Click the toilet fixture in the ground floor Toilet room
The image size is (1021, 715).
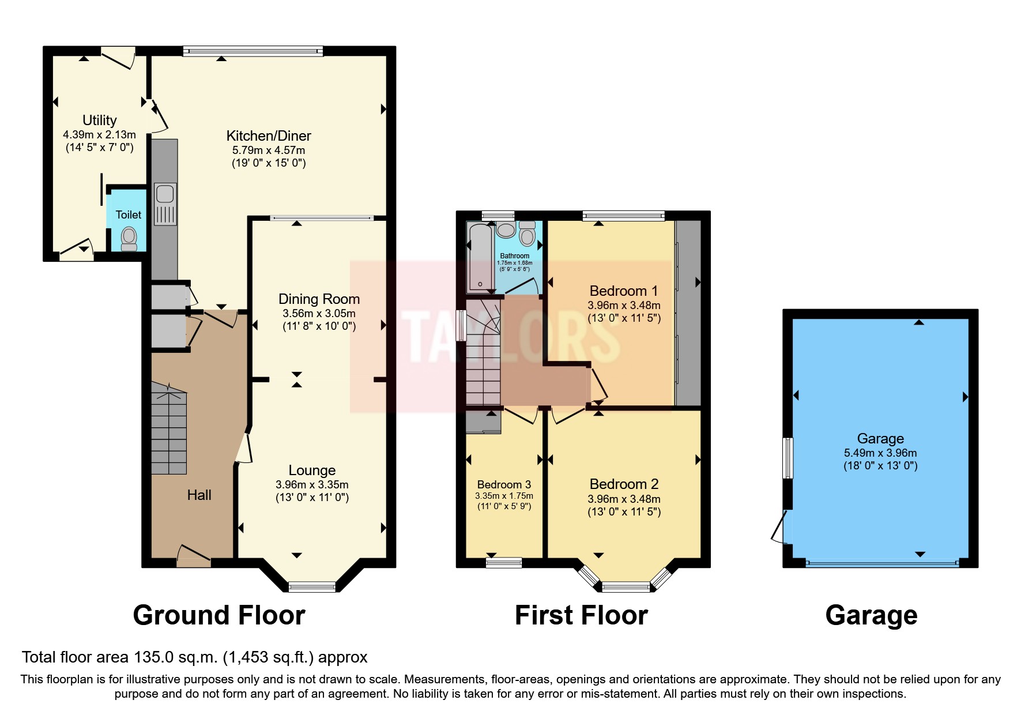pos(129,238)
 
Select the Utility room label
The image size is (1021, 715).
pos(99,120)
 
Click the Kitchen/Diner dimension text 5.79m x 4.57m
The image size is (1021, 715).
pos(269,150)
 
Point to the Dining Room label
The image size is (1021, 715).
pos(319,299)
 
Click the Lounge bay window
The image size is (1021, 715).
pos(311,587)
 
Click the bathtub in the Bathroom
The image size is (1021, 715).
pos(480,257)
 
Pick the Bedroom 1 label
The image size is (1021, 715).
pos(623,291)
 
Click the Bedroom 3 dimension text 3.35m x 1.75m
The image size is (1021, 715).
pos(504,496)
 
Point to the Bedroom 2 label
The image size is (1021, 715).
pos(624,484)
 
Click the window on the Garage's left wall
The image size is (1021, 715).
pos(788,458)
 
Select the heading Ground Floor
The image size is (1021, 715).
pos(219,615)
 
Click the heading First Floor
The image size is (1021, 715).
pos(581,615)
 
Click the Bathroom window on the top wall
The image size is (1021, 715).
pos(498,216)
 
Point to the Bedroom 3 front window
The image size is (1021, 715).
pos(504,562)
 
